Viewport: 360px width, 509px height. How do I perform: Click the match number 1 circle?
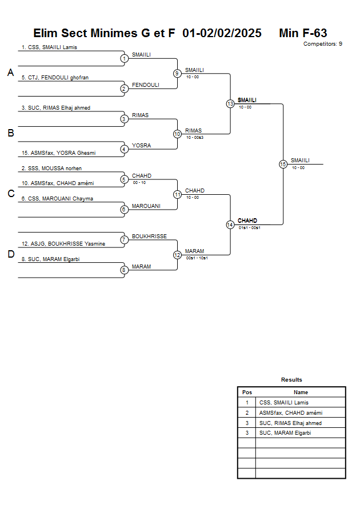[124, 58]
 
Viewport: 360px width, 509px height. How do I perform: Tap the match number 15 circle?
[283, 164]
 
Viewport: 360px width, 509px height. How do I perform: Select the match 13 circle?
[230, 104]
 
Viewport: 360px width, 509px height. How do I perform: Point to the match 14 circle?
[230, 225]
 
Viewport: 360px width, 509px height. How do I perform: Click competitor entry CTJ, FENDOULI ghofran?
[54, 78]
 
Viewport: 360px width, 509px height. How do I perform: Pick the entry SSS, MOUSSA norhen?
[51, 169]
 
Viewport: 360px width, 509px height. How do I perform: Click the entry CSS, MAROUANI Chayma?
[57, 199]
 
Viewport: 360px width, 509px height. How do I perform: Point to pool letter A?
[10, 73]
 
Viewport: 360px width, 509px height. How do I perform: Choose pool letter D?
[10, 255]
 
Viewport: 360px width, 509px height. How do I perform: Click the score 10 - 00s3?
[195, 137]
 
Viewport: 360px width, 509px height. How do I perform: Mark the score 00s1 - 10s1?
[197, 258]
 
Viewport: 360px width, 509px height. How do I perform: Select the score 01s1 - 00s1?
[250, 228]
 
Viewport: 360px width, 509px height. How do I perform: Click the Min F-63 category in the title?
[303, 34]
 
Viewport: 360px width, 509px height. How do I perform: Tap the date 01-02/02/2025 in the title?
[222, 34]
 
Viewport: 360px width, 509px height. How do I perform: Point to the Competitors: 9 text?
[323, 44]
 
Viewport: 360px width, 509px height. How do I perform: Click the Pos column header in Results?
[247, 392]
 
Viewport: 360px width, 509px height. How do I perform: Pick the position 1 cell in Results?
[247, 403]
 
